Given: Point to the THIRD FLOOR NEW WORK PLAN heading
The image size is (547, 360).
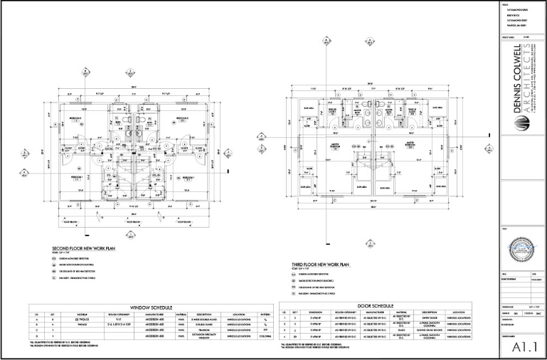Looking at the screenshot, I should click(x=321, y=264).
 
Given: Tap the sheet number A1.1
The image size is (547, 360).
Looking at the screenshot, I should click(x=522, y=348).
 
